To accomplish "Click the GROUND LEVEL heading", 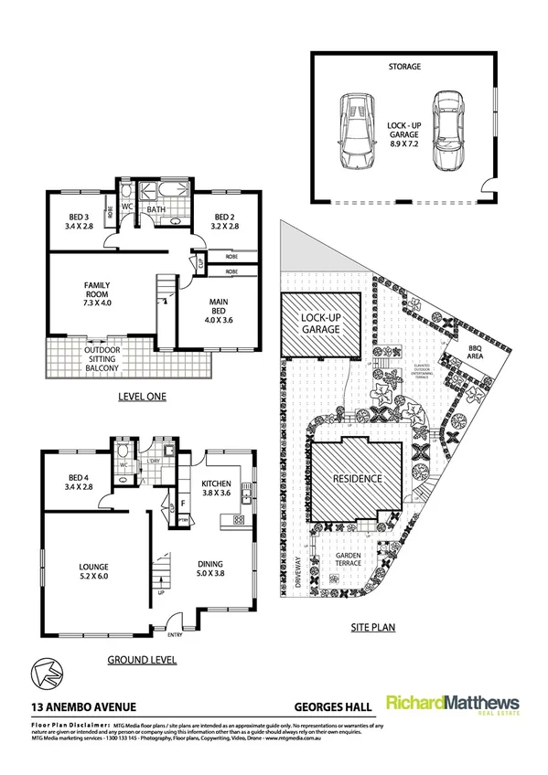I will click(141, 659).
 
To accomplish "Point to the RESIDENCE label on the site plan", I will click(357, 478).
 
